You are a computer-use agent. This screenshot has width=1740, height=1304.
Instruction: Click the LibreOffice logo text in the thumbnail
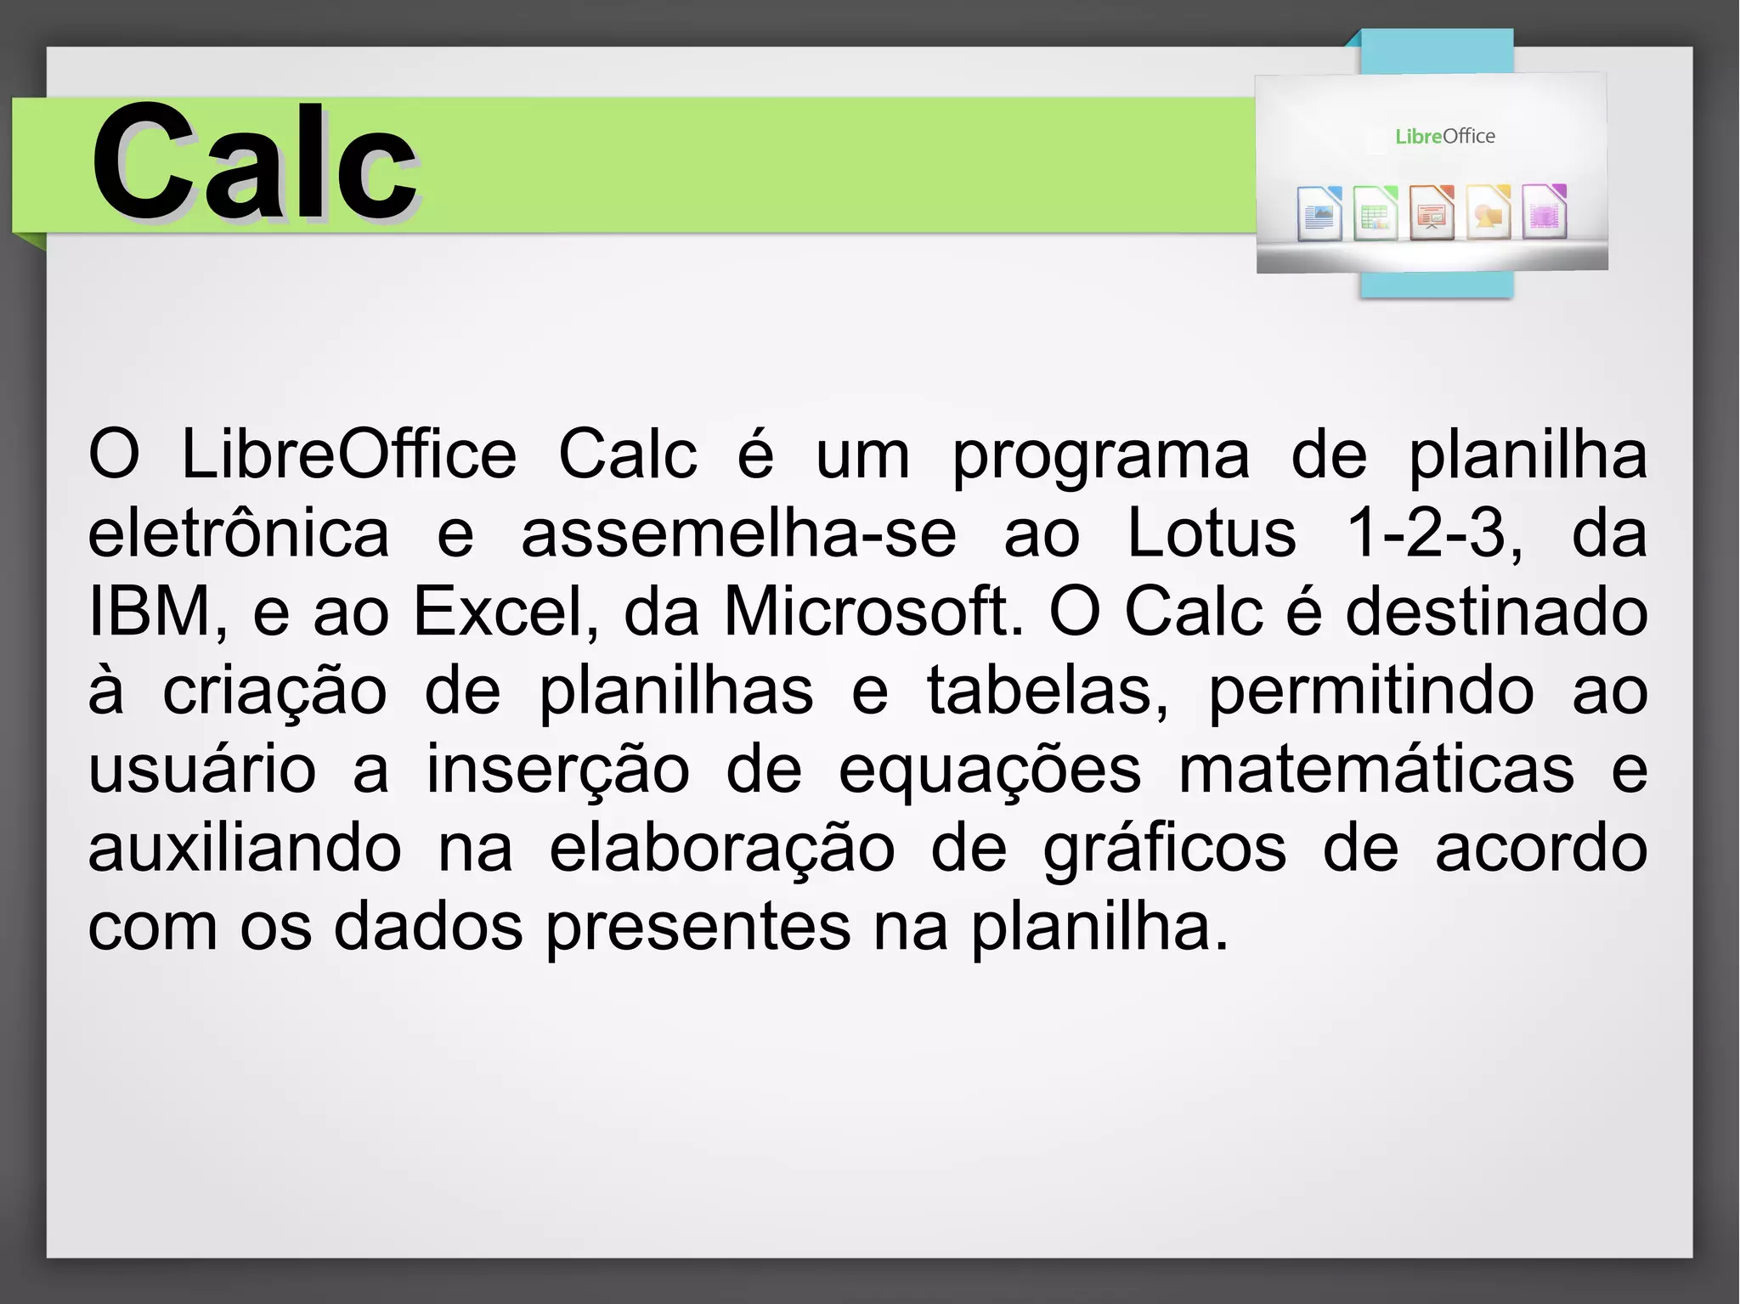(x=1444, y=136)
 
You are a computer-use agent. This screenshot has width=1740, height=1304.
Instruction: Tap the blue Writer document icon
(x=1319, y=213)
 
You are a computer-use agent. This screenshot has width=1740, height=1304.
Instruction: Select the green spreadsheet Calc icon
(x=1376, y=213)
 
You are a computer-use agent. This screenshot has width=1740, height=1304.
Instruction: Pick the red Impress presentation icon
(x=1432, y=213)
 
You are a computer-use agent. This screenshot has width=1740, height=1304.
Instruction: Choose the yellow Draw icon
(x=1489, y=213)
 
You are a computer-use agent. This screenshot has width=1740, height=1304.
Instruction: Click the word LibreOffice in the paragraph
(x=348, y=455)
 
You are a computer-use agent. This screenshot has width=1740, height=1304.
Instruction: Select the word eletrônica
(x=239, y=533)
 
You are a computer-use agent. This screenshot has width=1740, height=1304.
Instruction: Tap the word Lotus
(x=1211, y=533)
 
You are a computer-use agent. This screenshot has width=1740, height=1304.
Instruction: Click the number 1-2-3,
(x=1435, y=533)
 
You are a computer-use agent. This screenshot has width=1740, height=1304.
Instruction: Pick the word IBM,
(x=158, y=612)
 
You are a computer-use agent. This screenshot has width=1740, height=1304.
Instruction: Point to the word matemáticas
(x=1376, y=769)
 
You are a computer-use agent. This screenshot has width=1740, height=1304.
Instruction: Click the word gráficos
(x=1165, y=848)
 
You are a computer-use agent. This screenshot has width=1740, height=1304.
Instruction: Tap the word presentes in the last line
(x=698, y=927)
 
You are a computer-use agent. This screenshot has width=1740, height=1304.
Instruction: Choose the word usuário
(x=202, y=769)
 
